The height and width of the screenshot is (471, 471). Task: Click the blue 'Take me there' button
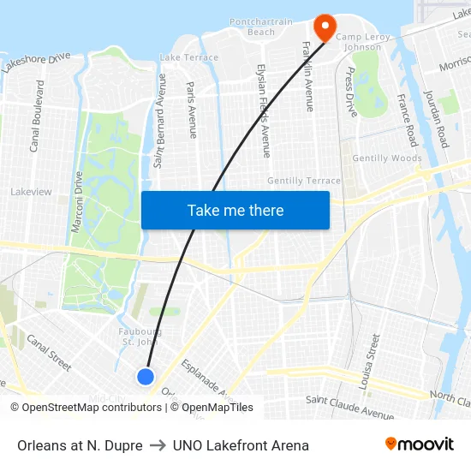coord(235,210)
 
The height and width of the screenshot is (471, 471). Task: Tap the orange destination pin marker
coord(325,27)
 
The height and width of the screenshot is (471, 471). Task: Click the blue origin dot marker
coord(146,376)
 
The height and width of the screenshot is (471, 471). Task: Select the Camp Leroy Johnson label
coord(363,42)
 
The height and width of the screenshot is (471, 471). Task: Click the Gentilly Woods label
coord(387,158)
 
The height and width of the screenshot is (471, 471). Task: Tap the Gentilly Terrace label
coord(303,181)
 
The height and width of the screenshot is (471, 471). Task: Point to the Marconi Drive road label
coord(78,201)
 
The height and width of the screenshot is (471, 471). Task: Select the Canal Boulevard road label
coord(37,116)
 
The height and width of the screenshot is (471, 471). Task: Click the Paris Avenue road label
coord(192,110)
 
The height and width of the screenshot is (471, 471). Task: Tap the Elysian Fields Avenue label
coord(265,110)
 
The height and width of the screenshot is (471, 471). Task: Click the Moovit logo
coord(419,444)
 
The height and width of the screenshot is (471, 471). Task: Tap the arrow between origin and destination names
coord(158,445)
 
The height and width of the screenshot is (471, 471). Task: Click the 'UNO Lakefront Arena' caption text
coord(241,445)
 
